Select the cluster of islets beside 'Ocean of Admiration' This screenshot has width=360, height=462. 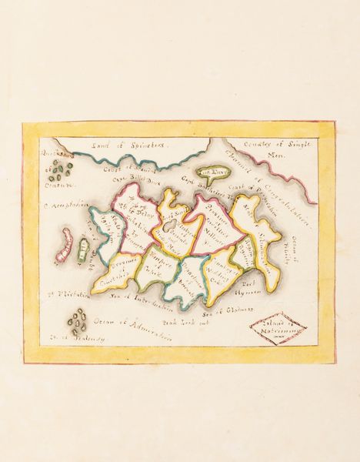[75, 318]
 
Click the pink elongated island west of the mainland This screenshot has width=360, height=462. [65, 247]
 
